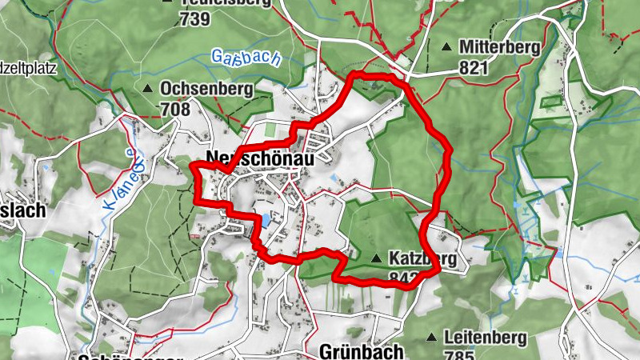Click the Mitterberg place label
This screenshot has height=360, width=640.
coord(500,47)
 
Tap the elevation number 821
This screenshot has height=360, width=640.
coord(474,68)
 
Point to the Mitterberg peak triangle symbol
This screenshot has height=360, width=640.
coord(446,46)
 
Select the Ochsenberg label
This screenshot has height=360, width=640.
coord(206,89)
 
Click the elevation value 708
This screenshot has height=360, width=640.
coord(175,109)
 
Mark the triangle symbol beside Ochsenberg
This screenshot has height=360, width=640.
coord(147,88)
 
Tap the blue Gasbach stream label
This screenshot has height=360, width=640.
coord(238,57)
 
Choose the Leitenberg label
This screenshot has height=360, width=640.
coord(485,338)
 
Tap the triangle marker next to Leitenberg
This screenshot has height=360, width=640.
coord(433,338)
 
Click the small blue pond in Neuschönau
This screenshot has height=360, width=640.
coord(264,218)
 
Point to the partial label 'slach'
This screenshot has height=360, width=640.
coord(22,211)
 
